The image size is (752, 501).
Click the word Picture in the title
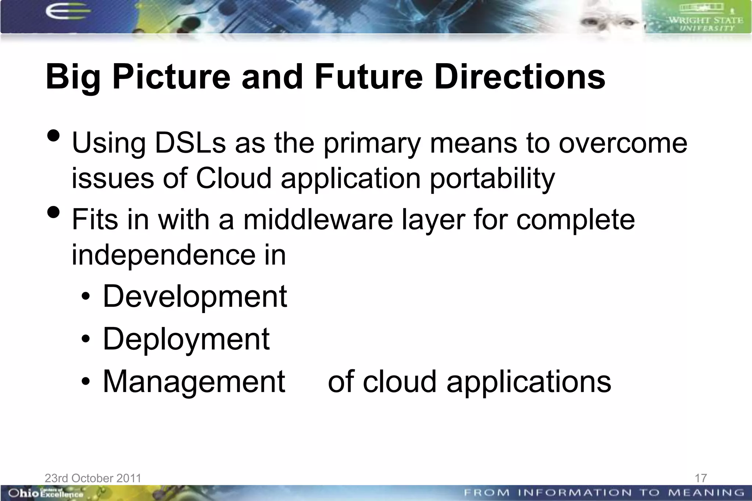pyautogui.click(x=171, y=77)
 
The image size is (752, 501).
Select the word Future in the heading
pyautogui.click(x=368, y=77)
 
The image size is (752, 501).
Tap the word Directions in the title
pyautogui.click(x=519, y=77)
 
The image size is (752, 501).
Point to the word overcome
pyautogui.click(x=623, y=143)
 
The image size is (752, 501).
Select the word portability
pyautogui.click(x=492, y=179)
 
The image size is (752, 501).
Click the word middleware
pyautogui.click(x=318, y=219)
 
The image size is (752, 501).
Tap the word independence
pyautogui.click(x=163, y=255)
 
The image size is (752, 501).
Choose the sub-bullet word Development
pyautogui.click(x=195, y=296)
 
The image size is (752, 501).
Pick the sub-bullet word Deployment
pyautogui.click(x=186, y=339)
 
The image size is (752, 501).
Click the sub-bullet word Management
pyautogui.click(x=194, y=382)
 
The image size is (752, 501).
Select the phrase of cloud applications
pyautogui.click(x=469, y=382)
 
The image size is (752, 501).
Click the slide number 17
pyautogui.click(x=701, y=478)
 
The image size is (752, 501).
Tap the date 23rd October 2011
pyautogui.click(x=93, y=478)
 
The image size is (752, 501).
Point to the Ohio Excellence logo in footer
pyautogui.click(x=46, y=493)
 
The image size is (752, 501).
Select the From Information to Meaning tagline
pyautogui.click(x=604, y=492)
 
